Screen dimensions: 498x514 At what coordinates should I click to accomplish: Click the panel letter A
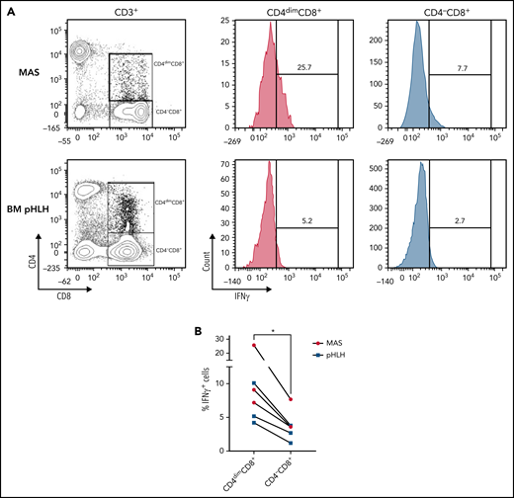pyautogui.click(x=7, y=9)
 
